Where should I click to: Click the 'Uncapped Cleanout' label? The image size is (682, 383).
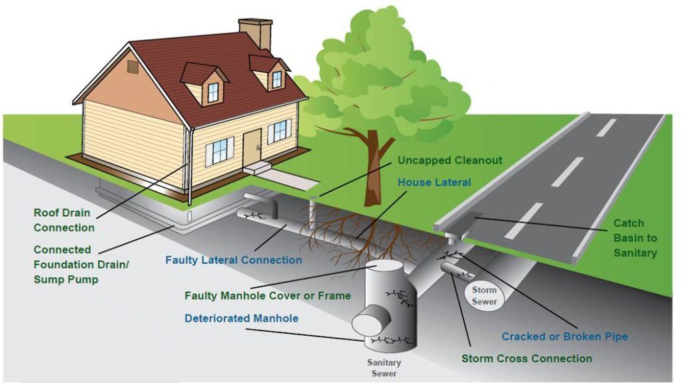(450, 160)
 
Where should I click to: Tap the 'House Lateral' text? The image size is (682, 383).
(434, 182)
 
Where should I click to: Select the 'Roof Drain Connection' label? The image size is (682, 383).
(64, 220)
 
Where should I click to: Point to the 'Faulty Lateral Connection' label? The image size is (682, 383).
(233, 260)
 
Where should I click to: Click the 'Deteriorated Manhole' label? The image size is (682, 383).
(241, 319)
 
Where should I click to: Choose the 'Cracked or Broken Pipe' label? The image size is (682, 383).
(564, 336)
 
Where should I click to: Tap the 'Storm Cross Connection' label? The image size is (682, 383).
(526, 358)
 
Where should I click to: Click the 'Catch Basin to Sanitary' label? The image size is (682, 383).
(634, 238)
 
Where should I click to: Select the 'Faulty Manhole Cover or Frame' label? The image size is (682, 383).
(267, 295)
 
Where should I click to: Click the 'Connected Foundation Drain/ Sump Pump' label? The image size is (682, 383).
(81, 264)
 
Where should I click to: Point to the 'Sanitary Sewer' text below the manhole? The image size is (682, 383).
(384, 368)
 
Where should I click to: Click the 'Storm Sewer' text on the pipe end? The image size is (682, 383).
(484, 295)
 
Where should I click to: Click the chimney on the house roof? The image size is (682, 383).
(256, 33)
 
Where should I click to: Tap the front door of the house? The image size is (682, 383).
(252, 147)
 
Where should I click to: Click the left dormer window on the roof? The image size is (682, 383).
(212, 92)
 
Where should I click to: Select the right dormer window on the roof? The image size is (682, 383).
(276, 79)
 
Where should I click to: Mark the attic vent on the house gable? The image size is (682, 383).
(133, 66)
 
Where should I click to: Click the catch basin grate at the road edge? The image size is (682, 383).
(474, 217)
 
